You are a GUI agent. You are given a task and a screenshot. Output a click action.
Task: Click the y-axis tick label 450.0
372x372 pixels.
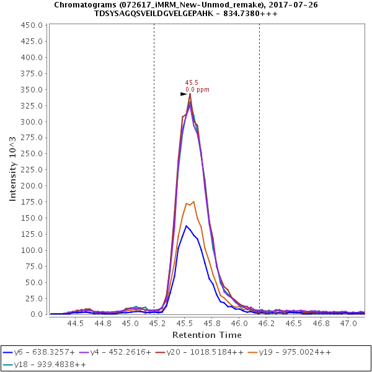point(32,25)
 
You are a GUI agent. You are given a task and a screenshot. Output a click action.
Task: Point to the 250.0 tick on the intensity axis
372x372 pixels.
point(32,154)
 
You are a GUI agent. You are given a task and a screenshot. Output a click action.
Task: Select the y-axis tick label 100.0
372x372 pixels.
point(32,250)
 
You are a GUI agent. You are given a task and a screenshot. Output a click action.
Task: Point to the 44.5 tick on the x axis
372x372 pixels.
point(76,324)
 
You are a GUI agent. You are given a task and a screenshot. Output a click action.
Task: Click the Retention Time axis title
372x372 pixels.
point(207,335)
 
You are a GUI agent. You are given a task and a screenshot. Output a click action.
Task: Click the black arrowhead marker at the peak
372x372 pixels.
point(184,94)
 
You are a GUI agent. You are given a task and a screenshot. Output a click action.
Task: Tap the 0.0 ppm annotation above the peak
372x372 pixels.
point(197,90)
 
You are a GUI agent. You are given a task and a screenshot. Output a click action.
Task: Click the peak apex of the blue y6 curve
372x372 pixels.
point(186,226)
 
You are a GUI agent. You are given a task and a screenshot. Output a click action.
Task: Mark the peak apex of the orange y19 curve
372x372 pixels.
point(194,201)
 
